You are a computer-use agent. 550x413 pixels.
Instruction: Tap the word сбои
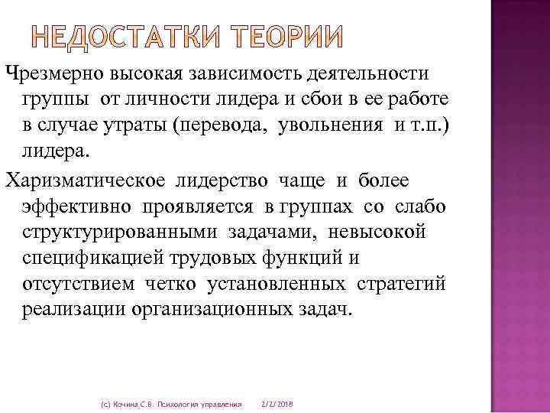(308, 101)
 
